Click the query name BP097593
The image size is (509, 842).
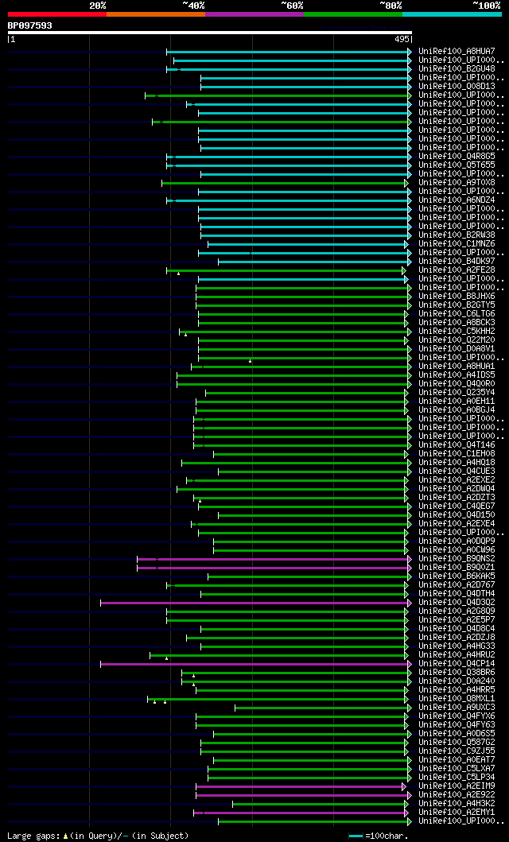coord(30,25)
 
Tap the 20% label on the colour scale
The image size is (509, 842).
coord(98,6)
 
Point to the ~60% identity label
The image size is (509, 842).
coord(292,6)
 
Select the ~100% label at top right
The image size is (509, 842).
coord(486,6)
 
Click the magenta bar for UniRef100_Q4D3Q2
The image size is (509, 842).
coord(254,603)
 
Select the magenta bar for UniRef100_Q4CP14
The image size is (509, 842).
coord(254,664)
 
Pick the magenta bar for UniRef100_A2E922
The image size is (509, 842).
coord(302,795)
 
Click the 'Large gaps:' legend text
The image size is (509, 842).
coord(33,836)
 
